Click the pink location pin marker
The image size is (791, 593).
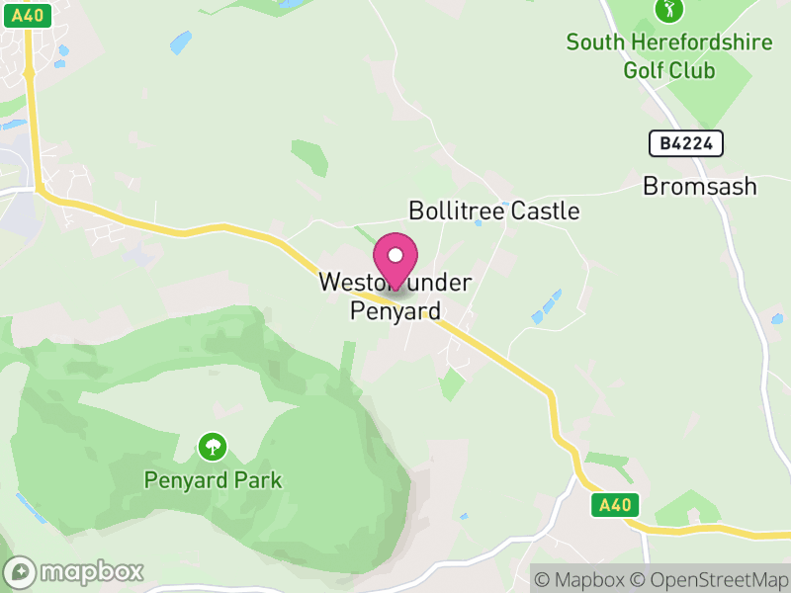click(x=395, y=262)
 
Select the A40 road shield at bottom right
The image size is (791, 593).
click(x=614, y=506)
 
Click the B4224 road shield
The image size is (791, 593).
click(x=686, y=143)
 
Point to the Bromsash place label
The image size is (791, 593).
click(x=699, y=186)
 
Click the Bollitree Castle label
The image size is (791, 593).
click(x=493, y=212)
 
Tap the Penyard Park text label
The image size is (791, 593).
click(x=213, y=481)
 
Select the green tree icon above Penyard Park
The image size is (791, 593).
click(x=212, y=447)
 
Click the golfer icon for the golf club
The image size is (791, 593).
click(x=669, y=10)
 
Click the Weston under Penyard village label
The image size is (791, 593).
click(x=395, y=296)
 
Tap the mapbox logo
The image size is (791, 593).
click(x=74, y=571)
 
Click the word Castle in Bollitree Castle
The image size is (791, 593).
click(x=544, y=212)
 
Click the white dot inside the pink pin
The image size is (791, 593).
click(x=395, y=255)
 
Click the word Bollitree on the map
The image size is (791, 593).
click(x=456, y=212)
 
